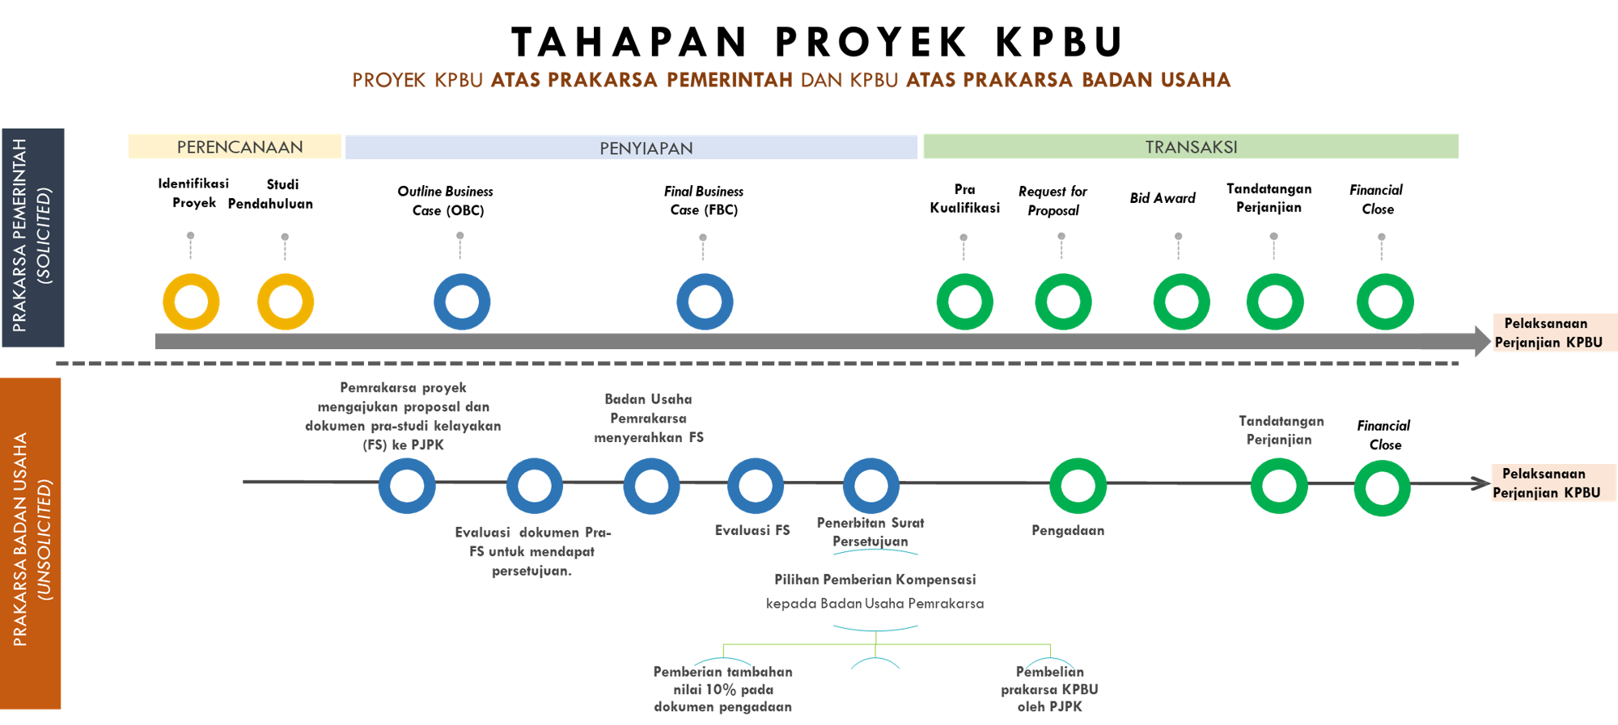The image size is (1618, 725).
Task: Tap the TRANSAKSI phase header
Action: [x=1191, y=146]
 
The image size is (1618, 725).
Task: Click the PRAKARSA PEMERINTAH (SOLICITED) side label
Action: [x=32, y=237]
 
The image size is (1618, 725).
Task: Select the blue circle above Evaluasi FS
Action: [x=755, y=486]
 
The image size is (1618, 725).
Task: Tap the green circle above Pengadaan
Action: [x=1078, y=486]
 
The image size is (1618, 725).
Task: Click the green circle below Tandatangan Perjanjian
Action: [x=1278, y=486]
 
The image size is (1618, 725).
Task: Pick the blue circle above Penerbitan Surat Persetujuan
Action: [x=870, y=486]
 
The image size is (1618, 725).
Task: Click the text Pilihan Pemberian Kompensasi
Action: [x=875, y=580]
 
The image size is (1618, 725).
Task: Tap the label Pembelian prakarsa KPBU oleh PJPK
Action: [x=1049, y=689]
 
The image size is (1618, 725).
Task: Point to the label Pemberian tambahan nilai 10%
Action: [x=722, y=689]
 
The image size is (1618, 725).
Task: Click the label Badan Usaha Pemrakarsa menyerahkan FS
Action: [x=648, y=419]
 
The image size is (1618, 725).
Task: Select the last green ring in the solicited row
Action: [x=1385, y=302]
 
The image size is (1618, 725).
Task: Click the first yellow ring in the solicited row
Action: [x=191, y=302]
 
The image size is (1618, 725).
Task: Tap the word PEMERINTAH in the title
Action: [x=729, y=79]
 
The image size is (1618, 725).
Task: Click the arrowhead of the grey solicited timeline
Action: [x=1482, y=341]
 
